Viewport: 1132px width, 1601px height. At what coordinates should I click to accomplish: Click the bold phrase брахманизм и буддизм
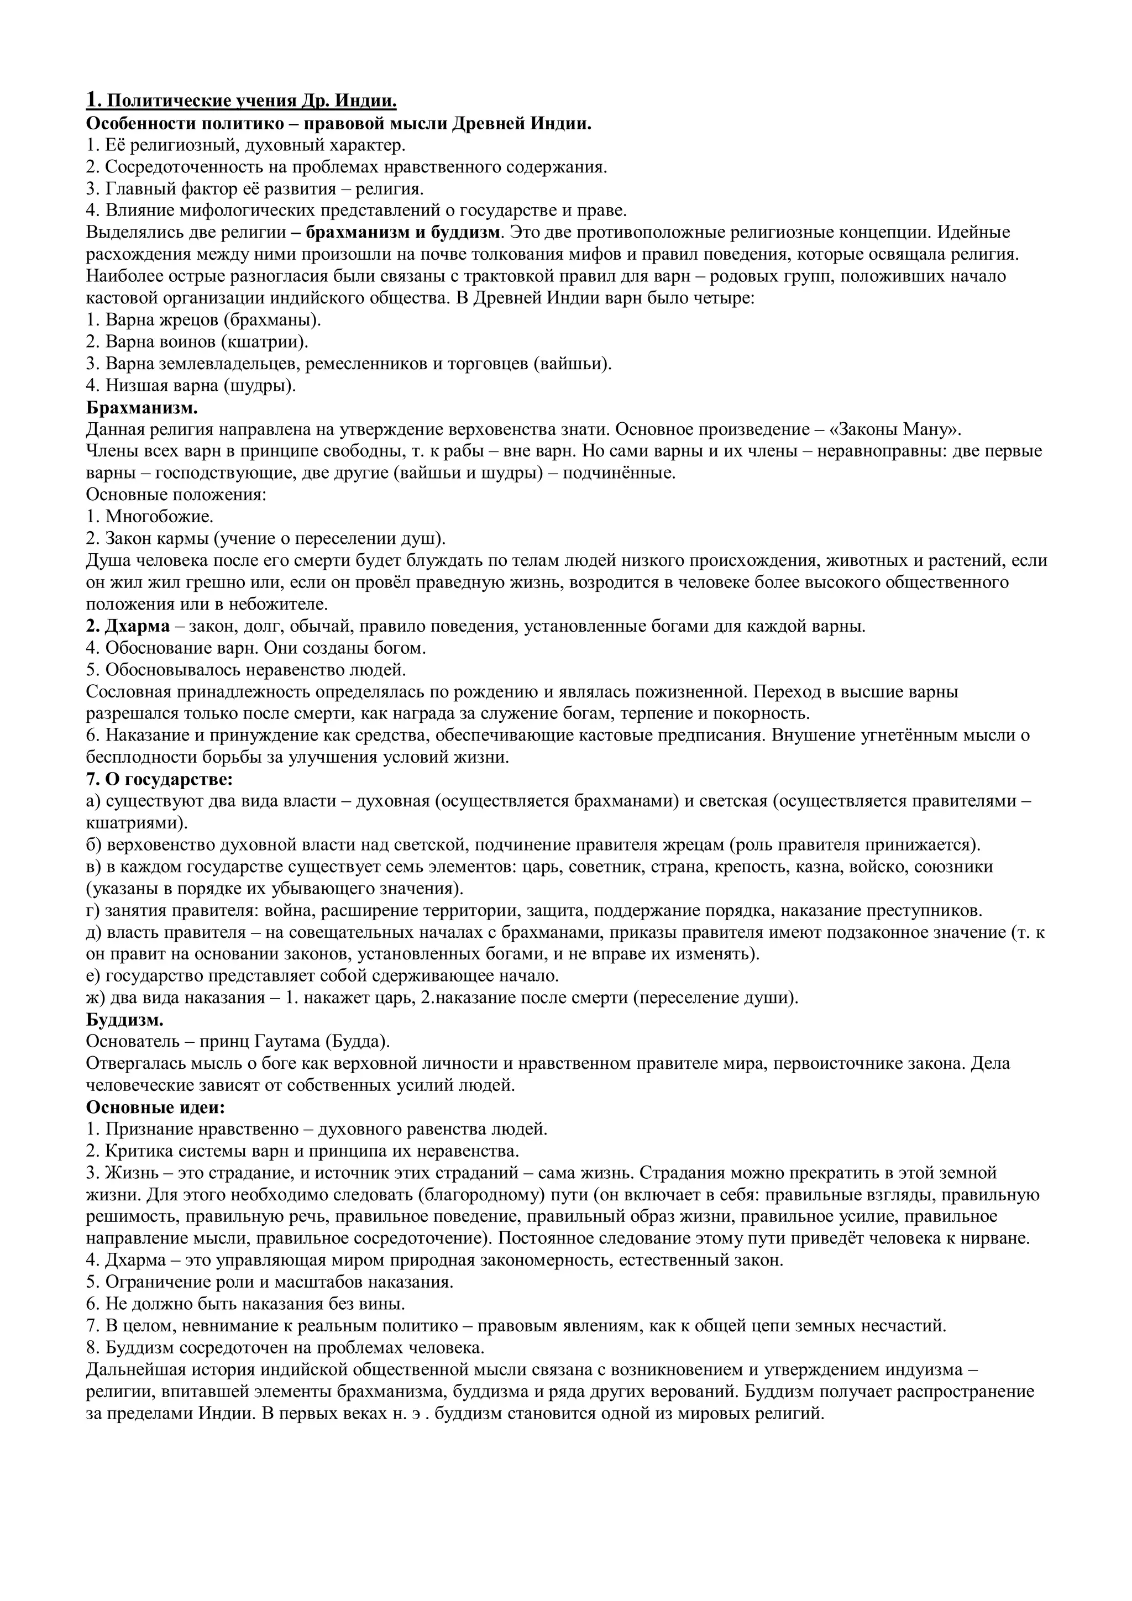pyautogui.click(x=403, y=232)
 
